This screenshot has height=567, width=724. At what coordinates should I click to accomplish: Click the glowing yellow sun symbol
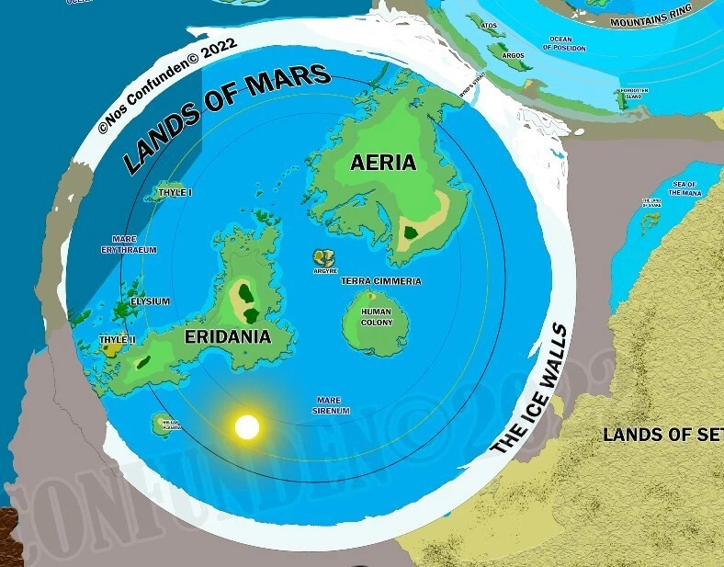(247, 427)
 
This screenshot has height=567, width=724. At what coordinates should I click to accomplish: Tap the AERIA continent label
(383, 164)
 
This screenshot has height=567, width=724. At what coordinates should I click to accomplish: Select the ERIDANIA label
(228, 336)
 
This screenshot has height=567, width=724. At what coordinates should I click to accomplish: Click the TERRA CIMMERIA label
(380, 281)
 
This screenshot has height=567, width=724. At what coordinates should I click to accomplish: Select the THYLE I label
(175, 193)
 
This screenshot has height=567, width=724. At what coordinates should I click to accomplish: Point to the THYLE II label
(118, 340)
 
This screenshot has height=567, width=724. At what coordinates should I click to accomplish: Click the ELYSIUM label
(151, 301)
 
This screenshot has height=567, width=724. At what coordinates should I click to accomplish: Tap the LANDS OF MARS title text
(226, 119)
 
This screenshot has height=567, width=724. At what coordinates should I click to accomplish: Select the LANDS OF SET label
(662, 436)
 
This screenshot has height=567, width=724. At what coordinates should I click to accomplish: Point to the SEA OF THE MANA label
(684, 189)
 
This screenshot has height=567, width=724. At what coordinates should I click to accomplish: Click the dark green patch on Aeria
(411, 232)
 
